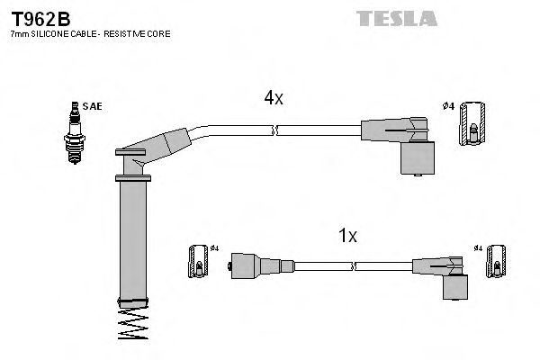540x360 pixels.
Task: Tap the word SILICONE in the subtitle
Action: point(53,34)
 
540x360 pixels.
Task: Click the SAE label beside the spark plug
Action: point(92,106)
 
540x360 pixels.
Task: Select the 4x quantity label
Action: point(274,99)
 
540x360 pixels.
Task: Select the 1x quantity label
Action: point(347,236)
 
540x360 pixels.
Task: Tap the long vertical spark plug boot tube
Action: point(131,238)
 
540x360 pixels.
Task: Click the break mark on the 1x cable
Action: point(352,265)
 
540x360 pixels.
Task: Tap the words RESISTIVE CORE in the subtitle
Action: point(143,34)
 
